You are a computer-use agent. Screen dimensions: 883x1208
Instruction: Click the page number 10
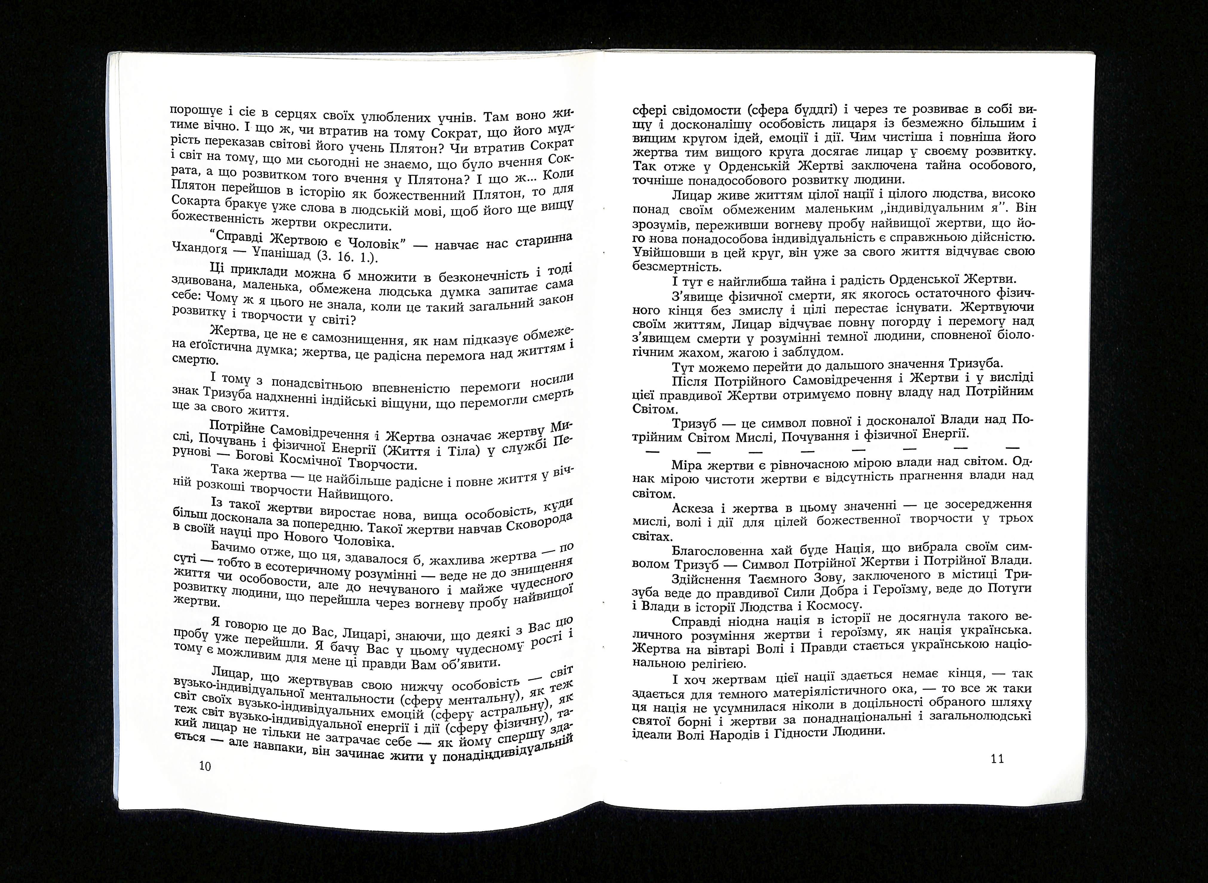pyautogui.click(x=205, y=766)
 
